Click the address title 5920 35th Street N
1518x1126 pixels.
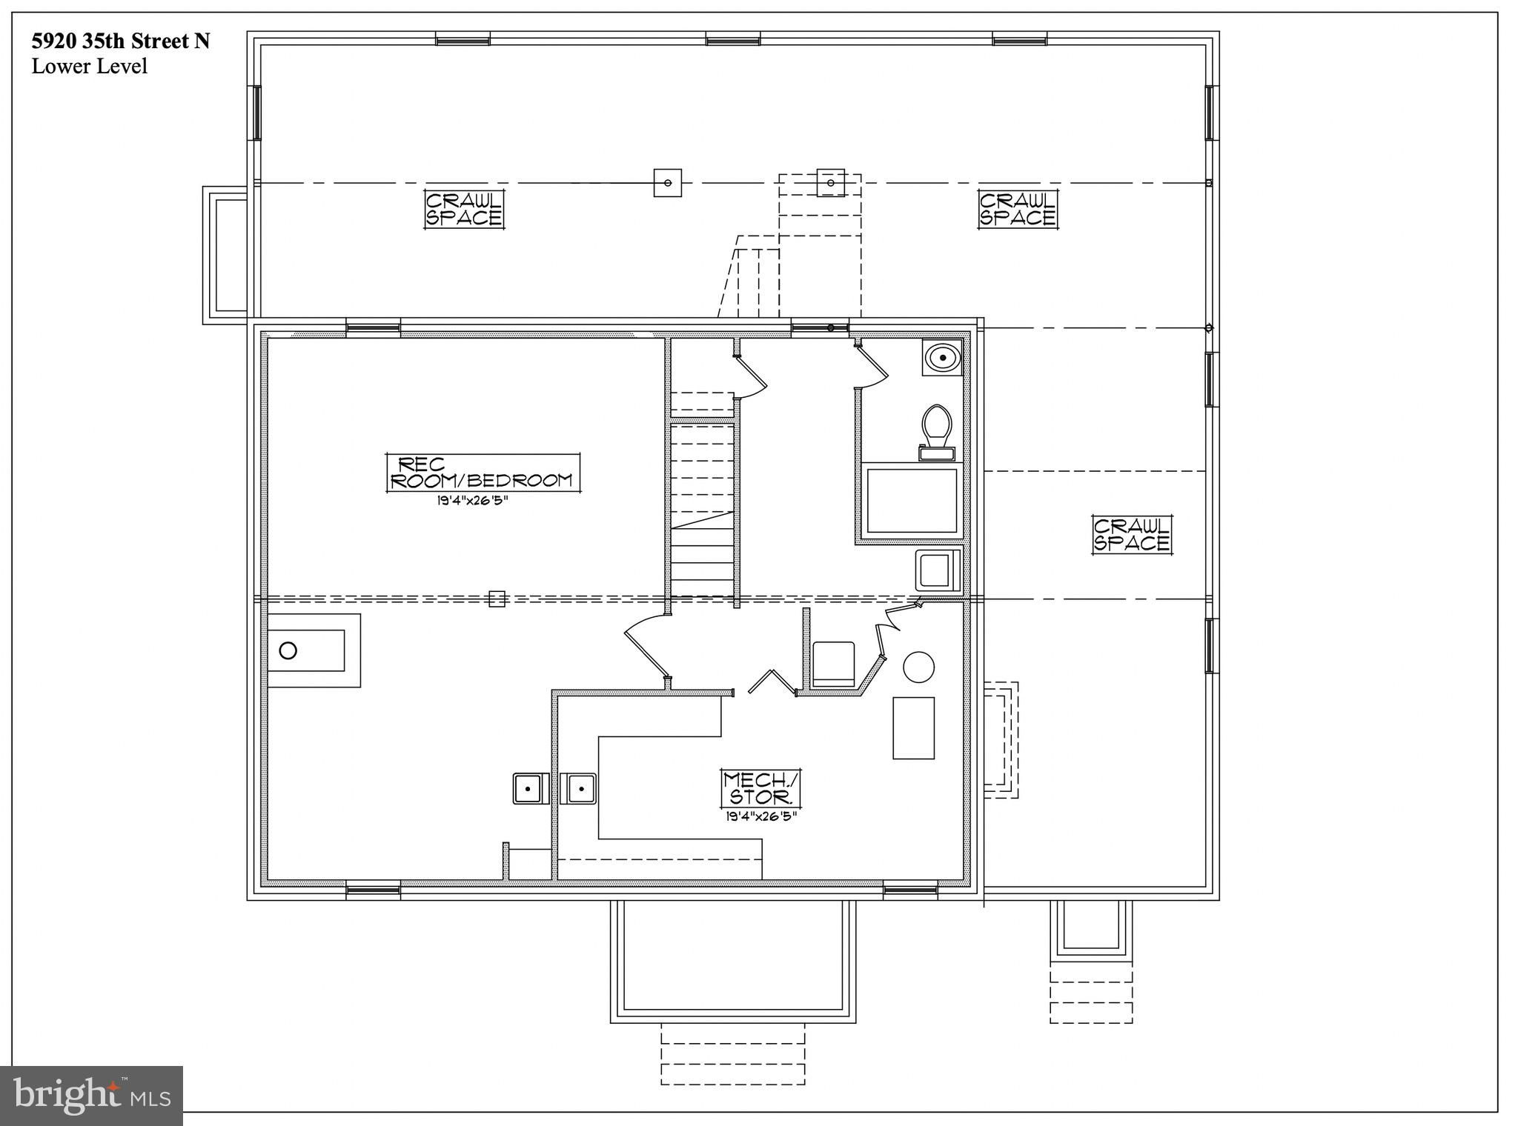pos(121,41)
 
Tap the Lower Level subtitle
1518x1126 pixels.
pos(90,67)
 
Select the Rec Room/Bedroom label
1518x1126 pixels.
pos(483,472)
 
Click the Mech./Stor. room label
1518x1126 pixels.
pos(762,788)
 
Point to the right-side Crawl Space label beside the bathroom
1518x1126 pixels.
pos(1132,535)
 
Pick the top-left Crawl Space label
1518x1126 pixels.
pos(464,210)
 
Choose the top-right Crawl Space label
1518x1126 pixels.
pos(1018,210)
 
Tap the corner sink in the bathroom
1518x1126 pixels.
pos(942,359)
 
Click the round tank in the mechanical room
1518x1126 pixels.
pos(919,667)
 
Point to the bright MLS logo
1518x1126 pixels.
pos(91,1095)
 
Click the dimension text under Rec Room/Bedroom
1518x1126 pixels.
pos(472,500)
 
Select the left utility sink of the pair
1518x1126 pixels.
pos(530,788)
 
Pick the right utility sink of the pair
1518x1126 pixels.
pos(578,788)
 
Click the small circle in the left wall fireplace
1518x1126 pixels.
pos(288,650)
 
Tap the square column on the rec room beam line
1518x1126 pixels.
pos(497,599)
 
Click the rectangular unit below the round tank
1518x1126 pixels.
pos(913,728)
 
